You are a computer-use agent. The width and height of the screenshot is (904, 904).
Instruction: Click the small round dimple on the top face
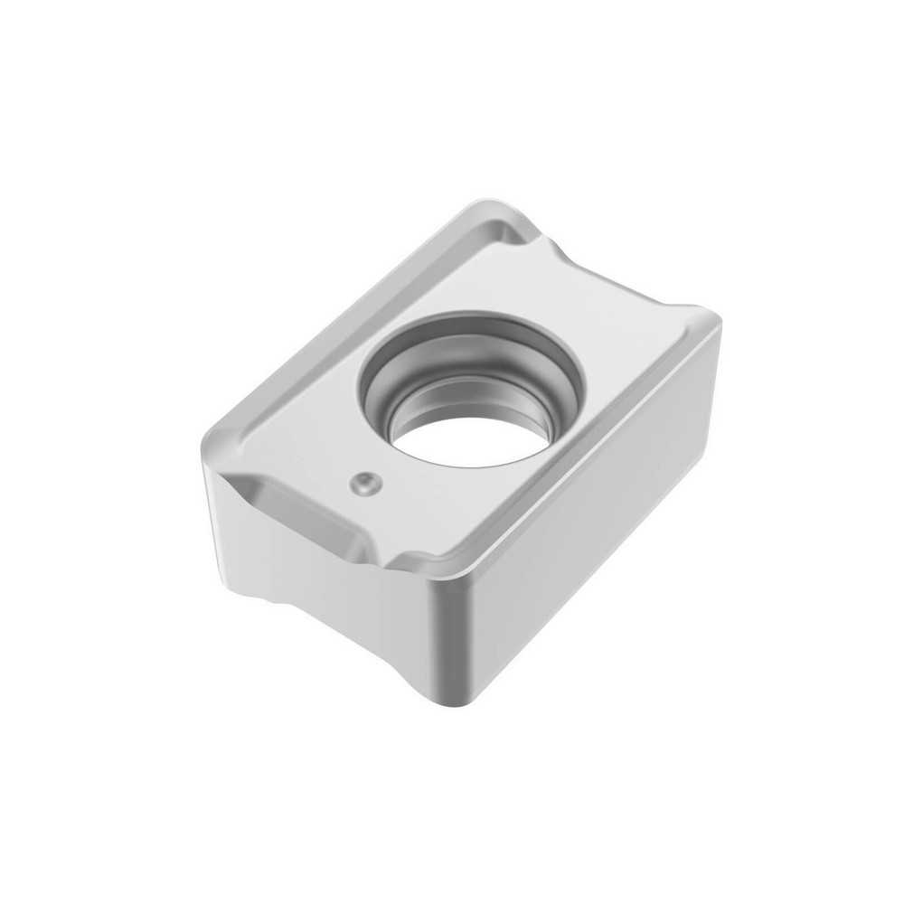(364, 484)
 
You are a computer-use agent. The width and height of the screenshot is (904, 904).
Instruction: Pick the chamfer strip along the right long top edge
(579, 443)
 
